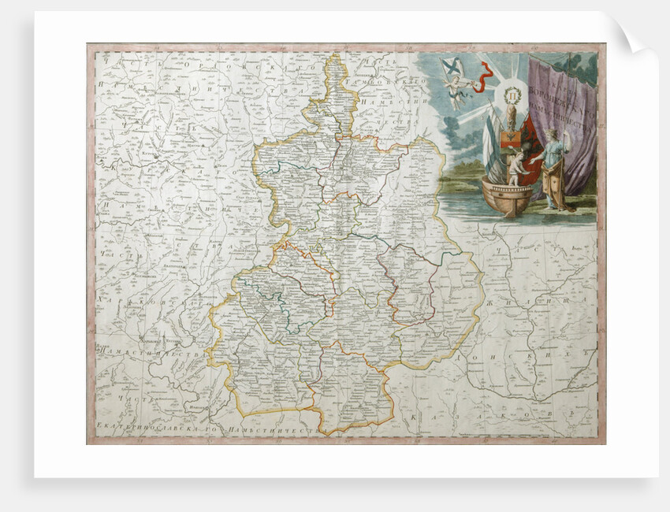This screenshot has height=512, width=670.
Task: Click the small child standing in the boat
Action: point(514,169)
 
